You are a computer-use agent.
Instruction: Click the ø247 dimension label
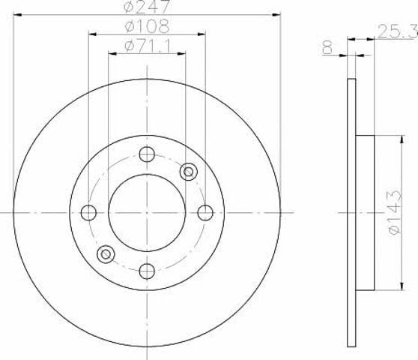147,6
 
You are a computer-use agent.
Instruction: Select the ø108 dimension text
147,26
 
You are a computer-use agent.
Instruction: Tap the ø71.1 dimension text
148,46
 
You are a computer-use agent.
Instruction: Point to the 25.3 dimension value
398,31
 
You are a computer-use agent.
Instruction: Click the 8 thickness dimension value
327,48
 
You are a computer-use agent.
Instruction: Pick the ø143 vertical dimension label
395,213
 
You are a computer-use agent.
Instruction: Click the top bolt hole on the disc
147,154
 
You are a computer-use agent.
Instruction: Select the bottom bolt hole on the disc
147,271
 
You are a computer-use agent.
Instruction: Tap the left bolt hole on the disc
88,213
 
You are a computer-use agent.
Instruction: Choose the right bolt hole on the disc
205,213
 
